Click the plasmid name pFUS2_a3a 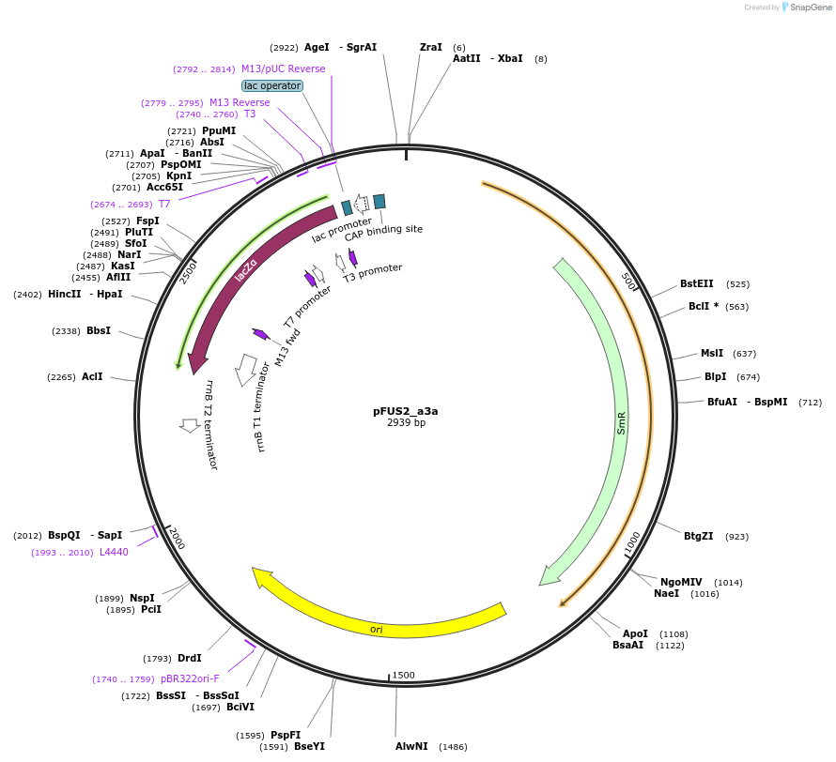[x=405, y=411]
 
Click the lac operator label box [x=272, y=85]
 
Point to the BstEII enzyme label [x=696, y=283]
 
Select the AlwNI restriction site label [x=411, y=746]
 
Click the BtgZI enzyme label [x=698, y=536]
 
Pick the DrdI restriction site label [x=189, y=658]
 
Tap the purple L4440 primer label [x=114, y=552]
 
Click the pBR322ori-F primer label [x=189, y=678]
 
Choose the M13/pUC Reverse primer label [x=283, y=69]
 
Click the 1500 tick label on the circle [x=404, y=675]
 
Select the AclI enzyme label [x=92, y=376]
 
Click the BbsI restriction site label [x=98, y=330]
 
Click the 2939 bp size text [x=406, y=423]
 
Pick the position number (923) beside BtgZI [x=737, y=537]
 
